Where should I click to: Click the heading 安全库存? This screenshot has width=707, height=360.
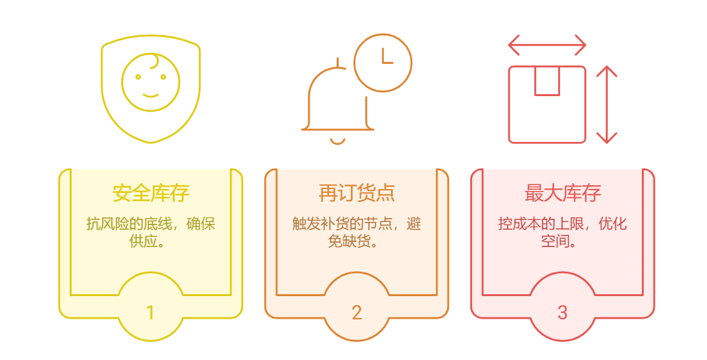(150, 193)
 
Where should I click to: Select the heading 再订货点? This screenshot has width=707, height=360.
(357, 193)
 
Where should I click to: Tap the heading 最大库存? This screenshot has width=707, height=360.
(563, 193)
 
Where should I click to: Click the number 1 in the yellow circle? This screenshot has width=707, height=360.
(150, 313)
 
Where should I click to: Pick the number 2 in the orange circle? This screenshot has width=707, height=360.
(357, 313)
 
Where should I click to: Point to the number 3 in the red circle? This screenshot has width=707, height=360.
(563, 313)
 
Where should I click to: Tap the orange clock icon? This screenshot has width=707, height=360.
(383, 63)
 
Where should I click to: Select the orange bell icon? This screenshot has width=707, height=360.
(337, 103)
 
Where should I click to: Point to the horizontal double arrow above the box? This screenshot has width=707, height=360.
(547, 45)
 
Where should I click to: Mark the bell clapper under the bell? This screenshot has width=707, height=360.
(337, 141)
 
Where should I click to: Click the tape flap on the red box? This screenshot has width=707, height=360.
(547, 81)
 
